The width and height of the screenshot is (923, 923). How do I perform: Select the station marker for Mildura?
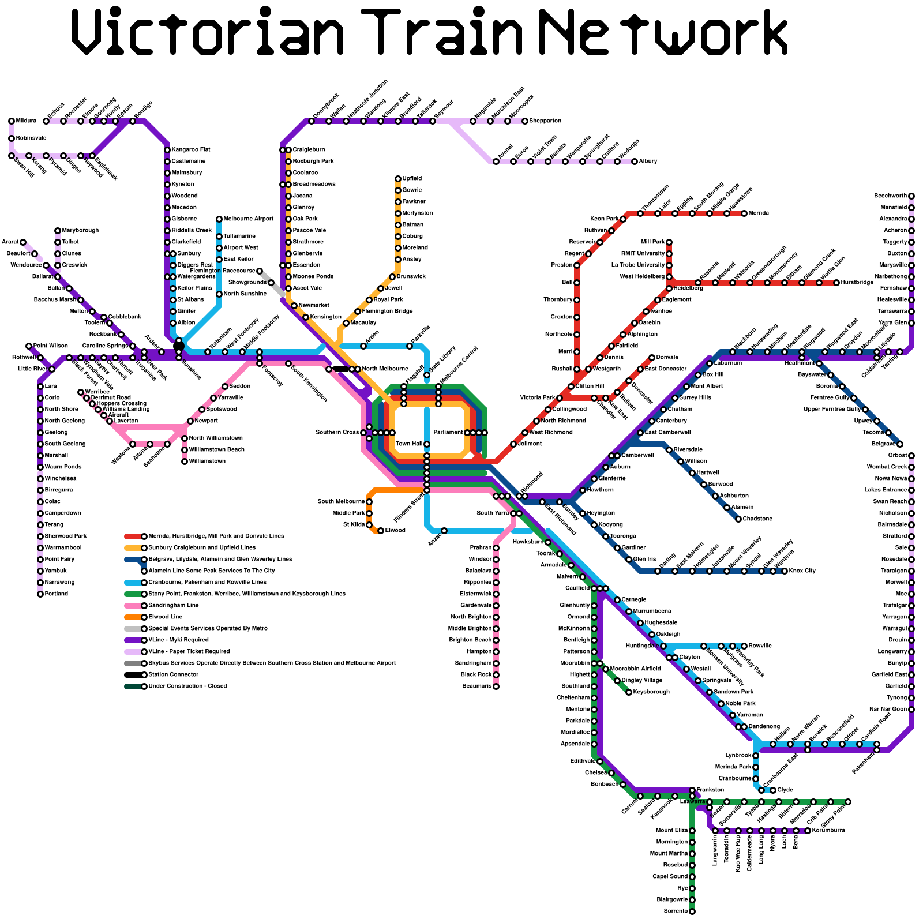tap(12, 121)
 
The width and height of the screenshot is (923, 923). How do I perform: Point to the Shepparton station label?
tap(545, 121)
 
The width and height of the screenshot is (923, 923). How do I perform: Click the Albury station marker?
tap(635, 162)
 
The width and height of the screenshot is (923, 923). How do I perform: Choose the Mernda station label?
tap(759, 213)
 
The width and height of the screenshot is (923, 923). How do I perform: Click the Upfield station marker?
tap(398, 179)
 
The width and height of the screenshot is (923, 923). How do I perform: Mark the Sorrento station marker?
tap(692, 911)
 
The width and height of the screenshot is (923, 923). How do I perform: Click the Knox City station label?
tap(802, 571)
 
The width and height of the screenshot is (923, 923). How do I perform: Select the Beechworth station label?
tap(891, 196)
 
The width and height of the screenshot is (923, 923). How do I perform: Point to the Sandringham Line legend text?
tap(174, 606)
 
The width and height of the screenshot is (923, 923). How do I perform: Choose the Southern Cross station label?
tap(337, 432)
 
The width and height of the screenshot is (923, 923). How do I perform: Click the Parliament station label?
tap(448, 432)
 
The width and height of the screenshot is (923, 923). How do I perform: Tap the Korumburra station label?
tap(828, 831)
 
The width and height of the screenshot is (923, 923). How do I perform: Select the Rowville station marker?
tap(744, 646)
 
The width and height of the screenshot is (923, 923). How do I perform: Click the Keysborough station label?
tap(651, 692)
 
